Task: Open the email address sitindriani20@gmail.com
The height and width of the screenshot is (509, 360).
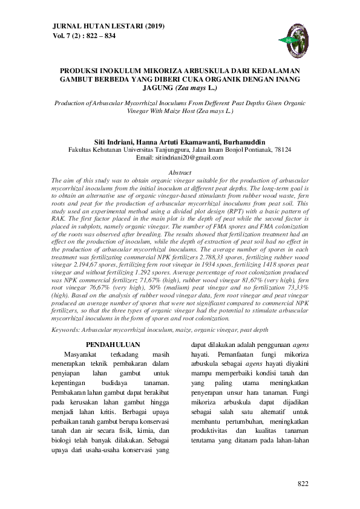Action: click(x=189, y=158)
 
